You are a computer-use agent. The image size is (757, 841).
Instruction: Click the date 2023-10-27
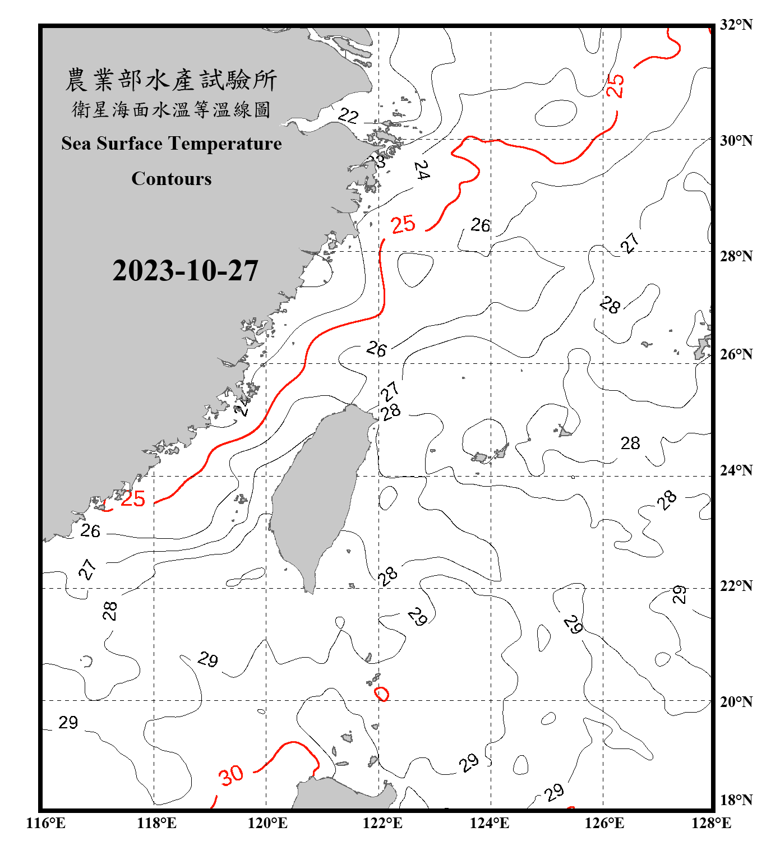pyautogui.click(x=185, y=271)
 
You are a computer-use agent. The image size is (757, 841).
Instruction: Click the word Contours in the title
pyautogui.click(x=172, y=179)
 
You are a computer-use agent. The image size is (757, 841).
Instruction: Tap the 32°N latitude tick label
pyautogui.click(x=736, y=25)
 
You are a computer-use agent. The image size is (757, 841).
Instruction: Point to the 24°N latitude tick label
pyautogui.click(x=736, y=470)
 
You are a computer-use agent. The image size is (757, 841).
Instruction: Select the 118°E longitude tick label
pyautogui.click(x=156, y=823)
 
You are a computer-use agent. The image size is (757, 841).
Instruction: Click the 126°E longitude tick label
pyautogui.click(x=604, y=823)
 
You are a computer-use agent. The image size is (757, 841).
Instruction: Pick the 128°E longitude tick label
pyautogui.click(x=711, y=823)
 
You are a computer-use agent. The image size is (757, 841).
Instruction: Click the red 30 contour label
pyautogui.click(x=231, y=775)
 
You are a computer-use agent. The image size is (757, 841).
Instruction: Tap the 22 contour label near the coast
pyautogui.click(x=348, y=116)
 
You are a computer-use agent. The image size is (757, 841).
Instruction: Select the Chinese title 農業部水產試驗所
pyautogui.click(x=171, y=80)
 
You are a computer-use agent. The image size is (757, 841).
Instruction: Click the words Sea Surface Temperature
pyautogui.click(x=172, y=144)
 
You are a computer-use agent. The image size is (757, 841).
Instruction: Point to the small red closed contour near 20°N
pyautogui.click(x=382, y=694)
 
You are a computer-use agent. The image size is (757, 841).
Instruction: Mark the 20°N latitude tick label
pyautogui.click(x=736, y=701)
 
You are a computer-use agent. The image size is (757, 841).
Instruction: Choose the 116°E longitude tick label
pyautogui.click(x=46, y=823)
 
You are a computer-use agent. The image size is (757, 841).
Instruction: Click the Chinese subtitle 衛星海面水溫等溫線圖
pyautogui.click(x=171, y=109)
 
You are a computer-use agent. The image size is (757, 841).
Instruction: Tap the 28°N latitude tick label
pyautogui.click(x=736, y=256)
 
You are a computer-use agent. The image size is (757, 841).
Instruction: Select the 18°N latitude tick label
pyautogui.click(x=736, y=800)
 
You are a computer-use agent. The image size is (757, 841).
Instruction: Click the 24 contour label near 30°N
pyautogui.click(x=422, y=170)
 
